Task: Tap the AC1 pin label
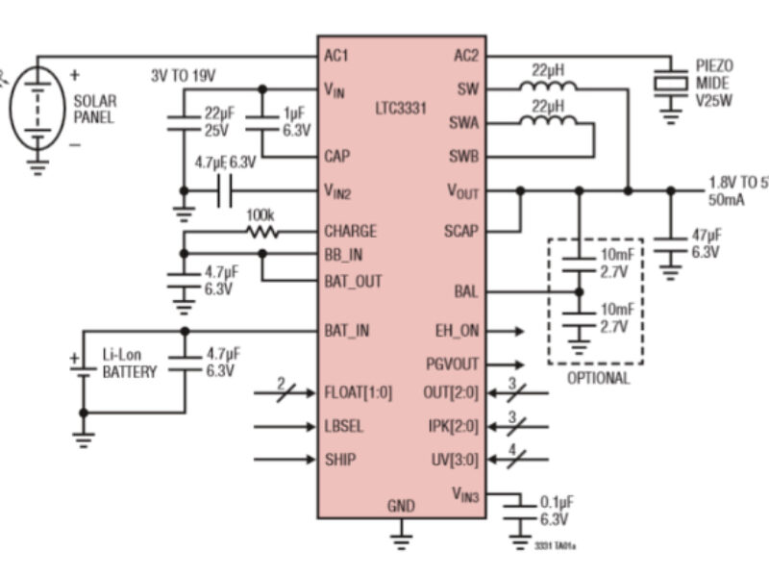pos(336,55)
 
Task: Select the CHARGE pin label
pos(351,232)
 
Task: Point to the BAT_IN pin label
pos(347,331)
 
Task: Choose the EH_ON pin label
pos(457,331)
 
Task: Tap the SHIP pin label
pos(340,459)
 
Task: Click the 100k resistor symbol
pos(260,232)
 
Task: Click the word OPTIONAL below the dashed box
pos(597,378)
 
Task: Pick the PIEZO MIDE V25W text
pos(713,83)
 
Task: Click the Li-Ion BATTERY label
pos(129,364)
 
